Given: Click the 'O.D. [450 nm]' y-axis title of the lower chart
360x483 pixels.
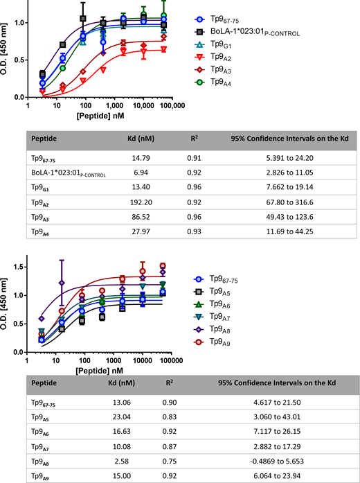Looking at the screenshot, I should tap(7, 300).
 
